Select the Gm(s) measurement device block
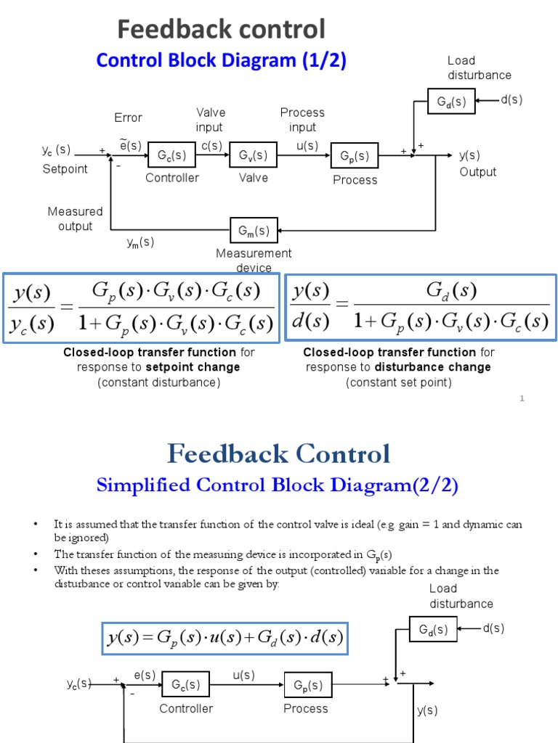[x=254, y=231]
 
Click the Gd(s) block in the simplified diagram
[x=433, y=629]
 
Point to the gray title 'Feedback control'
[x=222, y=30]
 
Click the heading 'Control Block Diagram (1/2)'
[x=222, y=61]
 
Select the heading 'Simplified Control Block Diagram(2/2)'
[x=278, y=485]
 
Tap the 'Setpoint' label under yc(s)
[x=65, y=169]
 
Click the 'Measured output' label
[x=76, y=218]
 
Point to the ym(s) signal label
[x=139, y=242]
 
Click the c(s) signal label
[x=211, y=145]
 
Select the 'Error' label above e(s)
[x=129, y=118]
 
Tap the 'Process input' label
[x=302, y=120]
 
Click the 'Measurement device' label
[x=254, y=260]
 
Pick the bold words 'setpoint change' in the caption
[x=193, y=367]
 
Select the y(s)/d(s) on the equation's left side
[x=310, y=305]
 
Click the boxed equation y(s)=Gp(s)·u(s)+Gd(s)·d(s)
[x=225, y=638]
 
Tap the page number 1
[x=522, y=398]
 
